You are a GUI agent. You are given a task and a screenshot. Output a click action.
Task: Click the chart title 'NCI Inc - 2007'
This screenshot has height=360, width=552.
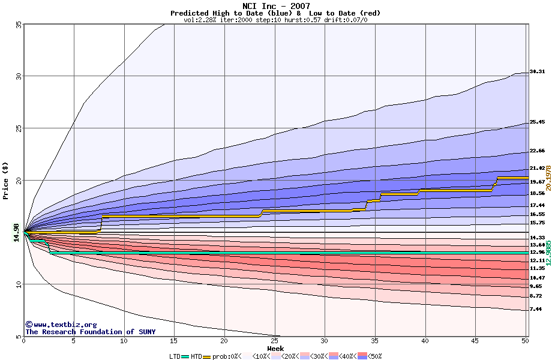(275, 6)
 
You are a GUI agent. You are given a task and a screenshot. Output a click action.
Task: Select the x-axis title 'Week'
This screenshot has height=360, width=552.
(275, 349)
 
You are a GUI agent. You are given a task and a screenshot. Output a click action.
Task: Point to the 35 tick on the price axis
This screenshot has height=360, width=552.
(19, 25)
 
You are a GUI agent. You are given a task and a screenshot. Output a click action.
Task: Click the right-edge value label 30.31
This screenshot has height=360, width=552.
(537, 71)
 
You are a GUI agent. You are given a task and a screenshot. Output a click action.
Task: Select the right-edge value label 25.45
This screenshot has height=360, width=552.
(537, 122)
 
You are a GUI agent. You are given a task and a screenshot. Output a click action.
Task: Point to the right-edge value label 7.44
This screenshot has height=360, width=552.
(537, 309)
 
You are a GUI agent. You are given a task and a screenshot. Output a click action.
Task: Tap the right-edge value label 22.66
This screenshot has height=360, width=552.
(537, 151)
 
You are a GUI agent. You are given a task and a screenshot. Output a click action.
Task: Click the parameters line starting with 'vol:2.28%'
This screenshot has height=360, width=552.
(275, 20)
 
